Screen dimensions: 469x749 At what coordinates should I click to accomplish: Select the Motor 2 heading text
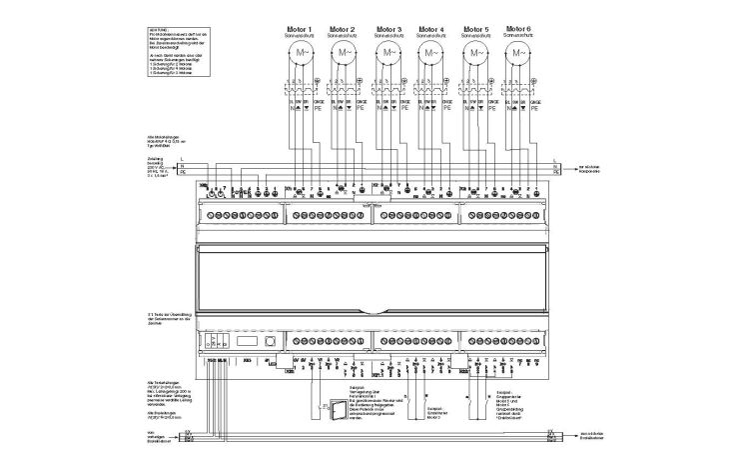click(343, 28)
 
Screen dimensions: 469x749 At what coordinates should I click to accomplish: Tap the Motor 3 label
click(387, 28)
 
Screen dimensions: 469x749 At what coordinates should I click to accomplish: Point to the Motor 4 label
click(431, 28)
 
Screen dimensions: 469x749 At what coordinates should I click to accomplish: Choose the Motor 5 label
click(475, 28)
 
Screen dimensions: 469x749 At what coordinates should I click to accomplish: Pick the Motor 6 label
click(519, 28)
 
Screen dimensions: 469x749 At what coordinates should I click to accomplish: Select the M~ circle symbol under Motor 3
click(387, 51)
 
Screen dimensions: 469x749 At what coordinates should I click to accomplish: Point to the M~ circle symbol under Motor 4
click(431, 51)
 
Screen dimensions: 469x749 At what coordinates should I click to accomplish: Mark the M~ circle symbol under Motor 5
click(475, 51)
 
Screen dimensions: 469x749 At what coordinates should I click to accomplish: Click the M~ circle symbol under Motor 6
click(519, 51)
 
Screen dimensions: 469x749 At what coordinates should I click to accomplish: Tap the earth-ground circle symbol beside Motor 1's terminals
click(319, 79)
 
